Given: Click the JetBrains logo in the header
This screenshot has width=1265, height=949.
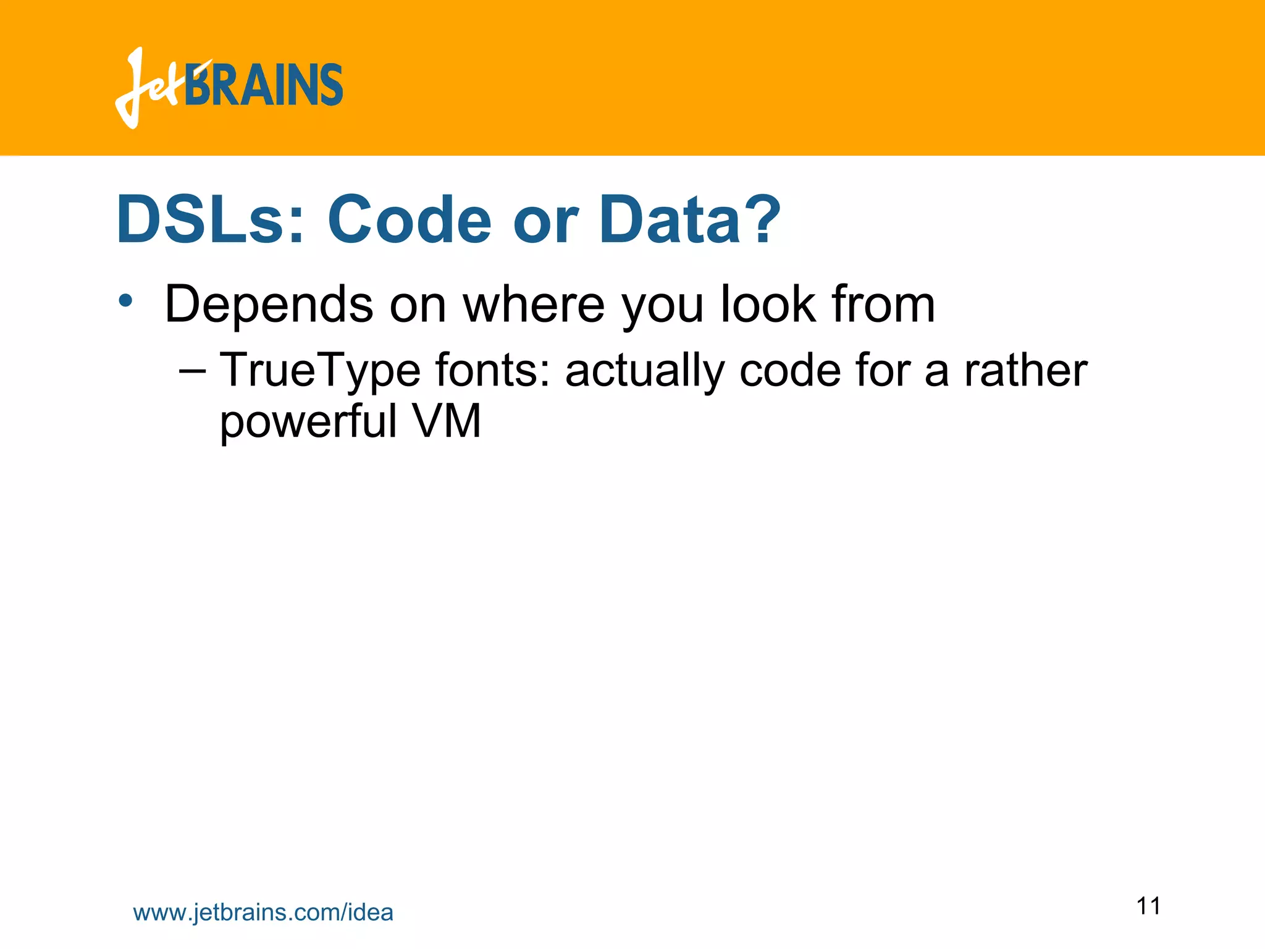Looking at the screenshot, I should (x=229, y=87).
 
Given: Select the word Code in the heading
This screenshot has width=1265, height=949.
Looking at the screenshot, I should (x=409, y=220).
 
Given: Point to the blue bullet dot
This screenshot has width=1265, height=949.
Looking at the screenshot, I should (x=125, y=301).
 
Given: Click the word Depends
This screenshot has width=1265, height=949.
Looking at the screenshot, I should (x=269, y=304).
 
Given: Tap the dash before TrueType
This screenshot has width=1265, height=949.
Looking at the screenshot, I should (x=192, y=371).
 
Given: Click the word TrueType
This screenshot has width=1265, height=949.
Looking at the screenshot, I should (x=320, y=371).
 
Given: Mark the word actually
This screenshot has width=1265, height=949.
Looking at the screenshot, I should (x=644, y=371).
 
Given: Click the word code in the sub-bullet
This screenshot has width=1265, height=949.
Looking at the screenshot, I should (x=790, y=371).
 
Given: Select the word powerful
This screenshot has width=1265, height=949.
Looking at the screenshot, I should (x=308, y=422).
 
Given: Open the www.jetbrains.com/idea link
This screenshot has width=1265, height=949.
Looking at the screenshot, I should (x=263, y=913).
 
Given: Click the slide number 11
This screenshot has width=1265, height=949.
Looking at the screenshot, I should (x=1148, y=906).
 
